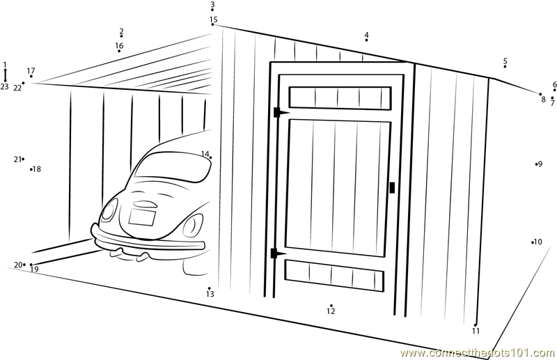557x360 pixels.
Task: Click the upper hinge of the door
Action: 281,112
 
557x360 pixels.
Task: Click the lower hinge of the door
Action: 278,253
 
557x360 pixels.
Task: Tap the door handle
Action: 392,187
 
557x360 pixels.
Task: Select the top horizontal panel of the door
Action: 340,97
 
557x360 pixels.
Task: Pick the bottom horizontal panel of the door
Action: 334,276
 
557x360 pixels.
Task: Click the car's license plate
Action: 142,217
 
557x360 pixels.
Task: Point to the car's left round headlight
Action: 109,210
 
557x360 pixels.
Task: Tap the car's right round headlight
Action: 194,226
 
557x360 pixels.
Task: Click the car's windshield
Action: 173,168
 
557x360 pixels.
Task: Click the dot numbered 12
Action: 331,305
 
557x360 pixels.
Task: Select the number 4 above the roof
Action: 366,35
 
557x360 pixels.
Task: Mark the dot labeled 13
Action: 210,288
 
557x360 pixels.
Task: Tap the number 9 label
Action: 540,164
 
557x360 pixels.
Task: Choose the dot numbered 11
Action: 476,324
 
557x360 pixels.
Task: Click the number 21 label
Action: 17,159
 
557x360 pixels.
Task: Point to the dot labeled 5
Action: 505,66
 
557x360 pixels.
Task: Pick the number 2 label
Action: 121,31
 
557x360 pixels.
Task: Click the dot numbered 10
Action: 533,242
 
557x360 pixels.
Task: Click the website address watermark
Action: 477,353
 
